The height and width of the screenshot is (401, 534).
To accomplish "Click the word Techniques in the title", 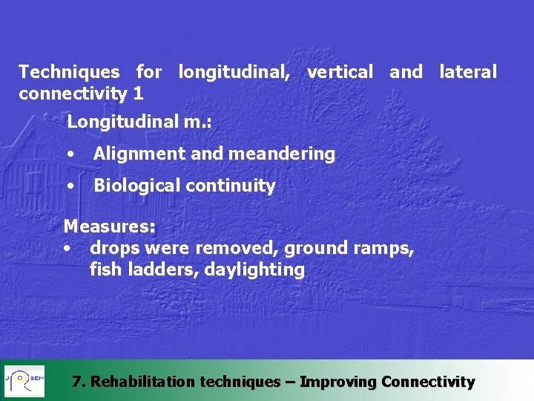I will tap(68, 72).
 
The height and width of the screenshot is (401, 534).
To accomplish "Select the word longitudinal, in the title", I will tap(234, 72).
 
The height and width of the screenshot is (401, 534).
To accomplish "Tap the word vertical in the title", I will tap(340, 72).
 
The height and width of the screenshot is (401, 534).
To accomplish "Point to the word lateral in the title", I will tap(467, 72).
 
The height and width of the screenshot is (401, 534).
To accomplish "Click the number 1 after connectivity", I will tap(138, 94).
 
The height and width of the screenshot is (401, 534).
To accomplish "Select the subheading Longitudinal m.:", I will tap(139, 121).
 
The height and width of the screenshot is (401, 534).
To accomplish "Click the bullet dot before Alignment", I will tap(70, 154).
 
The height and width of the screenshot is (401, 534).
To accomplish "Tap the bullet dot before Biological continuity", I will tap(70, 186).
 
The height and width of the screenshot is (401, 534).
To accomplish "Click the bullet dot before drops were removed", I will tap(67, 248).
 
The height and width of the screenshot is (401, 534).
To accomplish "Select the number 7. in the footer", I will tap(79, 382).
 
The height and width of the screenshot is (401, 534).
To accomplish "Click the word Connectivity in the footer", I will tap(427, 382).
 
